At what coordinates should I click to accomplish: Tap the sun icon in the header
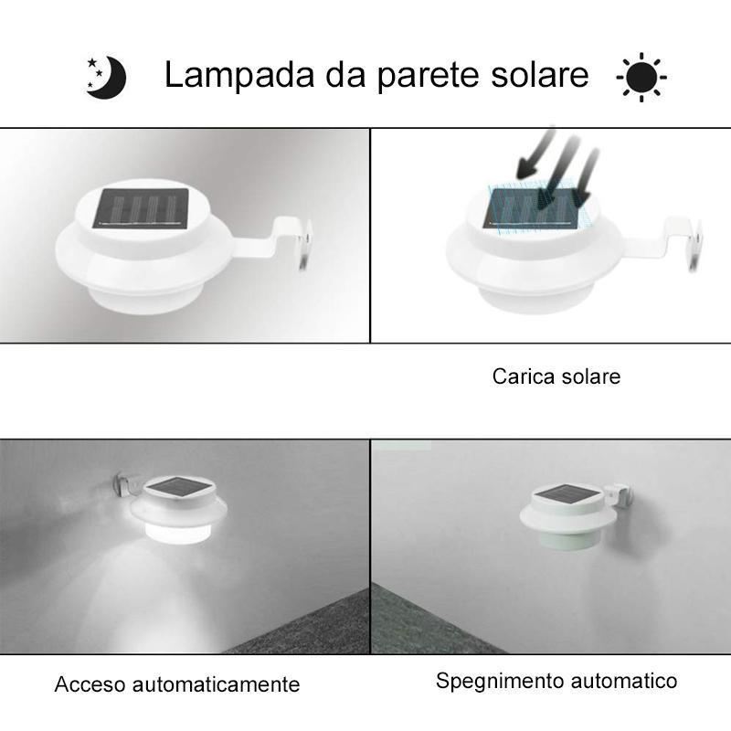641,77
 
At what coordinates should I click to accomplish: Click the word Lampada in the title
239,75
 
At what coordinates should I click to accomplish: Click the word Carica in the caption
523,376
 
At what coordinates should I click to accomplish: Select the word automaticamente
216,684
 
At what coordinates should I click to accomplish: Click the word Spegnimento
500,682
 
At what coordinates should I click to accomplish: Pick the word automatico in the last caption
624,681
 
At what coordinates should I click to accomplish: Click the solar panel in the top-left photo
142,209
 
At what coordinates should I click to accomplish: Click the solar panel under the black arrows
532,209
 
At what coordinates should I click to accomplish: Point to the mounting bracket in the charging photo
668,242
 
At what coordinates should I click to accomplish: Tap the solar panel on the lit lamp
177,487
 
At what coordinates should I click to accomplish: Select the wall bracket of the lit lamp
129,486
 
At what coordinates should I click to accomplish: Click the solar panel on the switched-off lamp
567,494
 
